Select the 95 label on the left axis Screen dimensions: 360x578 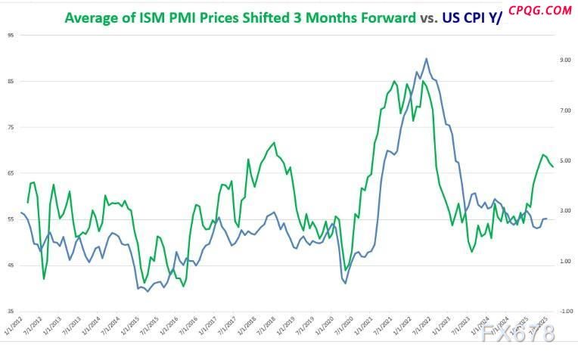point(9,35)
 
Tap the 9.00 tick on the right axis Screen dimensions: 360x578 point(564,60)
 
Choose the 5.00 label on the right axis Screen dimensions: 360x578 point(564,160)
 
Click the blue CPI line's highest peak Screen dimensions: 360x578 point(427,58)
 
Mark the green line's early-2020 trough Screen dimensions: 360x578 point(346,270)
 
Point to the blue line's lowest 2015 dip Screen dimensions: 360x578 point(148,291)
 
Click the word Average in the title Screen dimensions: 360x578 point(95,17)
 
